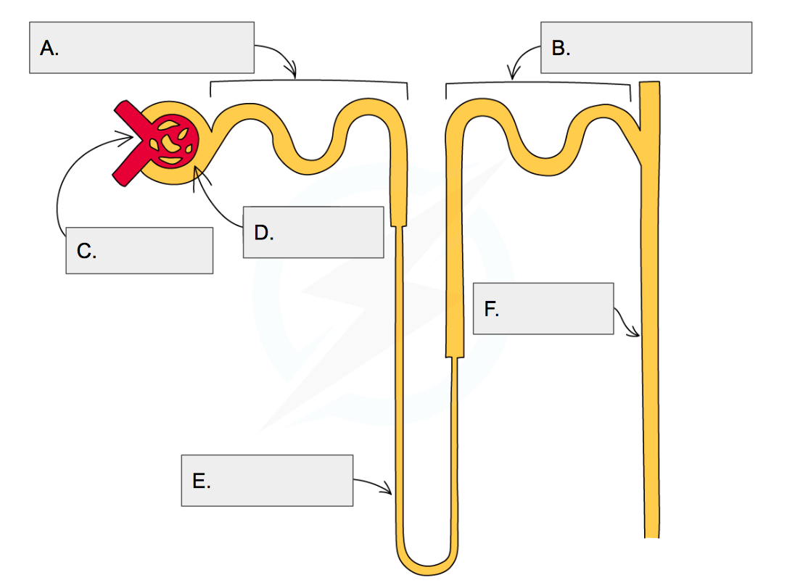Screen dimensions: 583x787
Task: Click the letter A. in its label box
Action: pos(49,49)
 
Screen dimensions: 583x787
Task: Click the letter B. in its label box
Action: pos(561,49)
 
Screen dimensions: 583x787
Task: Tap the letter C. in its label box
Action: pos(86,252)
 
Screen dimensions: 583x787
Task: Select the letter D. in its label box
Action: pos(263,233)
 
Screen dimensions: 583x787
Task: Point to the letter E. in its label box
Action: pos(202,481)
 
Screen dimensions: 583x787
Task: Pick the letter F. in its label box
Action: pos(491,310)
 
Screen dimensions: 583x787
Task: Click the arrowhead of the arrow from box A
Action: pos(294,75)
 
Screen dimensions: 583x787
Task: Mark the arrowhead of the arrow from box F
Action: pos(637,334)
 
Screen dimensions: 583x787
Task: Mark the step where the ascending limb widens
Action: pos(454,357)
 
